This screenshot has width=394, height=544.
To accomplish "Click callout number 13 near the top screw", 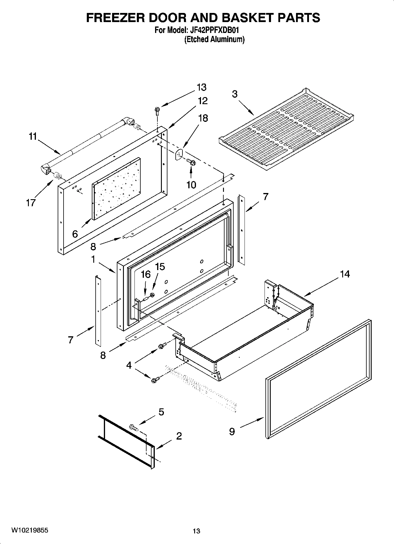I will (x=202, y=87).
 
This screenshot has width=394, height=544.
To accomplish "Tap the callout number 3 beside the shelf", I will (x=235, y=94).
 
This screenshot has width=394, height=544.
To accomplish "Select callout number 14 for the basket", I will (x=345, y=274).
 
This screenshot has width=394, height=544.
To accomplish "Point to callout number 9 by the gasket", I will (x=232, y=432).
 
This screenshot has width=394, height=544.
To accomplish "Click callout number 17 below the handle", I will (x=31, y=202).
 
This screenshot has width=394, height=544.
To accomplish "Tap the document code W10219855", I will (x=30, y=530).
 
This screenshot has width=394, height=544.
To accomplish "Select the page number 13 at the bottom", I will (x=196, y=531).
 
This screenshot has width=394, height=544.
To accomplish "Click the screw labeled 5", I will (x=134, y=427).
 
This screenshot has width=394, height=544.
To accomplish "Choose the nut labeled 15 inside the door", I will (x=153, y=295).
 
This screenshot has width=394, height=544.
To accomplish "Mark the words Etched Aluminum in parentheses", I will (x=214, y=39).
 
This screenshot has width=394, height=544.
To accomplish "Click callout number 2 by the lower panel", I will (x=179, y=436).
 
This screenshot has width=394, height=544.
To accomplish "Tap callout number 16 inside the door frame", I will (x=146, y=275).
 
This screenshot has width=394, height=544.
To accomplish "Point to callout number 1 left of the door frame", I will (x=93, y=260).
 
